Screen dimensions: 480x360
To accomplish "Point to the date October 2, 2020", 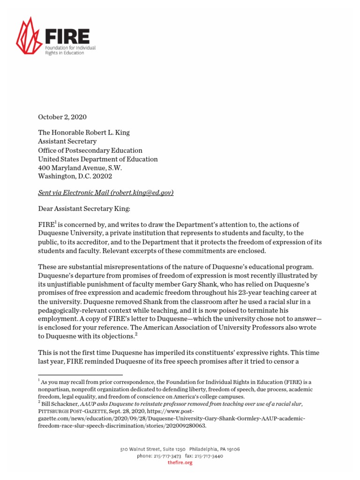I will pos(62,117).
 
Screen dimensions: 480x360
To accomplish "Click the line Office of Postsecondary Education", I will pos(90,150).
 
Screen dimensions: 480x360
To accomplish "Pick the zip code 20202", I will pos(102,177).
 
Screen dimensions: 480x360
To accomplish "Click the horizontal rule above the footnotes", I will pos(80,375).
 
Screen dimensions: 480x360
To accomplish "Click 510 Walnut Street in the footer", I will pos(141,449).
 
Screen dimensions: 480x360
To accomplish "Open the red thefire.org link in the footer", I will pos(180,463).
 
